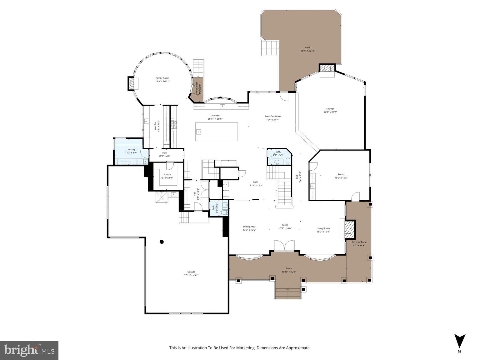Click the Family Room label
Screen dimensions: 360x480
[x=162, y=78]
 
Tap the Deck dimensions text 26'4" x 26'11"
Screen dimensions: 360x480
[x=306, y=51]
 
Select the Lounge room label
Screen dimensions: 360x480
[x=330, y=109]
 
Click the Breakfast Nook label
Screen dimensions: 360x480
[x=272, y=116]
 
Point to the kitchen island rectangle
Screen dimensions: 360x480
[x=216, y=132]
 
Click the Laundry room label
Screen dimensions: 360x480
[x=131, y=149]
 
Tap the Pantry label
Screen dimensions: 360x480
[x=167, y=174]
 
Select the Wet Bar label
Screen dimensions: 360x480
[x=155, y=126]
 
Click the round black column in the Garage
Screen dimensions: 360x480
[x=162, y=242]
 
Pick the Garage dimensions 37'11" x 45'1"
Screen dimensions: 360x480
[x=191, y=275]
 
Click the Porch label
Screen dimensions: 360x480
[x=288, y=268]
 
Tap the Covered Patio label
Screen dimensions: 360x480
[x=359, y=242]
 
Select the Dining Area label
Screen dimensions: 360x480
[x=249, y=227]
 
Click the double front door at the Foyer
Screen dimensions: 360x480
[x=284, y=245]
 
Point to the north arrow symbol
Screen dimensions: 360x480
[x=459, y=341]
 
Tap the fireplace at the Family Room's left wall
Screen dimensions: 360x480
[x=132, y=84]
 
